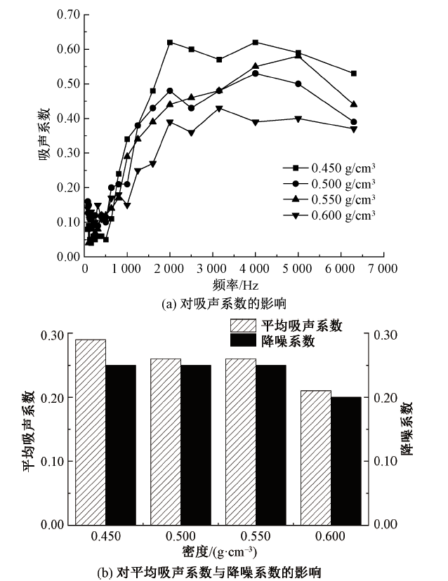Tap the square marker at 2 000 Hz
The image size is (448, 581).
(170, 43)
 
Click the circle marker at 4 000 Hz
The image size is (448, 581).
(255, 74)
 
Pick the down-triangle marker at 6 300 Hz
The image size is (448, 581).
(354, 129)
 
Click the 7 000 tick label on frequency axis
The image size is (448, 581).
(383, 268)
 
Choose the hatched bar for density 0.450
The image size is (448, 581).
(91, 432)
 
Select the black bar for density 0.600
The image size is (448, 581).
(345, 460)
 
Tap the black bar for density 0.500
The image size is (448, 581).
(195, 444)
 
